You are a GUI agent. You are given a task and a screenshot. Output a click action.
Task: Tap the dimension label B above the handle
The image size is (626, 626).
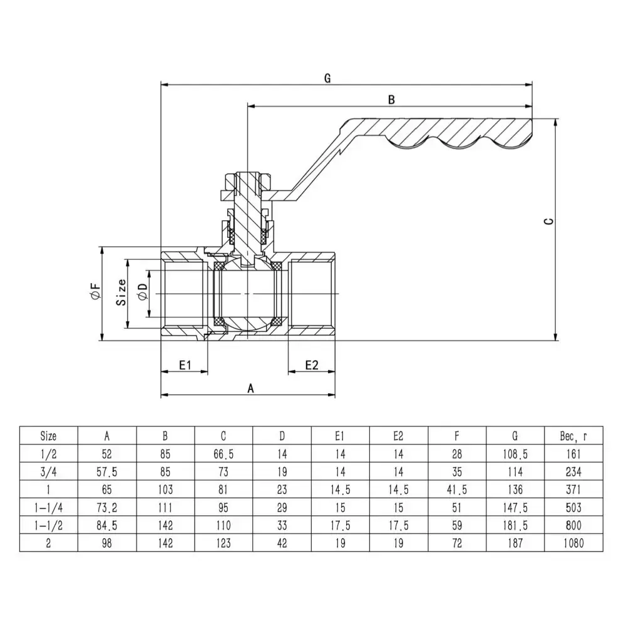391,99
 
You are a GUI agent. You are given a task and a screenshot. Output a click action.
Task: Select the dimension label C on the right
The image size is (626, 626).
549,222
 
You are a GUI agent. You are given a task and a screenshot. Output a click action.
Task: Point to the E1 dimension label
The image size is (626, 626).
184,365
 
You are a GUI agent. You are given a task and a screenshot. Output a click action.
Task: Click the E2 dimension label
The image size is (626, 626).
312,365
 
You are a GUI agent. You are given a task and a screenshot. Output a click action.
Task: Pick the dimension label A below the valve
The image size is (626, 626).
250,388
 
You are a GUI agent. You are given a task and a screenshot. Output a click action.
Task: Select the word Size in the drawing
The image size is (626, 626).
122,292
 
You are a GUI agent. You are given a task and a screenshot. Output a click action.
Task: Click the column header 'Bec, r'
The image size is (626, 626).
573,435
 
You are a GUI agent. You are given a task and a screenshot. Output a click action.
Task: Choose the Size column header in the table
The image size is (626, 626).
48,435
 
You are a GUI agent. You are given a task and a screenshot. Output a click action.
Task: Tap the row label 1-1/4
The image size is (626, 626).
48,507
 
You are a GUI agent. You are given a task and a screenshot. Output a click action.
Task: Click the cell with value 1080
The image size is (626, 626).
573,543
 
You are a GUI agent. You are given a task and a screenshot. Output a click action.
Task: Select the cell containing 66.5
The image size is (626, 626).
223,453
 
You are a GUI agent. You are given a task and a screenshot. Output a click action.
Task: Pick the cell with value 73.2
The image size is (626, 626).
107,507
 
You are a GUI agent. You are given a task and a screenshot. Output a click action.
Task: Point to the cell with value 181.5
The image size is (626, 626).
515,525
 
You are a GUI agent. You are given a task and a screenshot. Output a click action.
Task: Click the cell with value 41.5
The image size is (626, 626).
456,490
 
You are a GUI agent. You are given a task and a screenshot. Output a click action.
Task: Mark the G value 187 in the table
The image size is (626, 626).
515,543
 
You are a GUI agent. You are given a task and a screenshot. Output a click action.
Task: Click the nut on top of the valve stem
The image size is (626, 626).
249,181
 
